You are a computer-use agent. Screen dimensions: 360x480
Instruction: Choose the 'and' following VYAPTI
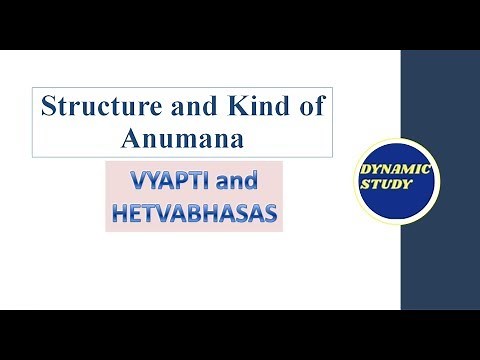tap(232, 182)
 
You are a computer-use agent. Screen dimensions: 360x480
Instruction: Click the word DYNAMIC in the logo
tap(399, 169)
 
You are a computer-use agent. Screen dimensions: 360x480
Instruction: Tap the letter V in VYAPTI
tap(138, 182)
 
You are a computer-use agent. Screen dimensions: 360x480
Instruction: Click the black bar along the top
tap(240, 22)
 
